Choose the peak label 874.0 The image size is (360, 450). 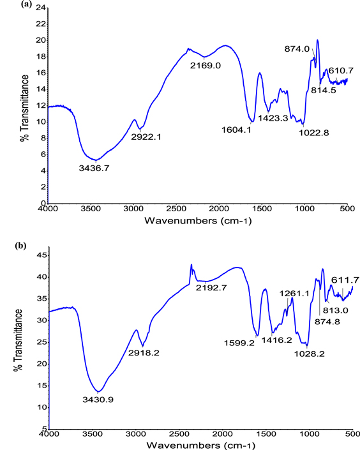[x=296, y=49]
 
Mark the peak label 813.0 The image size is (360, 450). [x=336, y=311]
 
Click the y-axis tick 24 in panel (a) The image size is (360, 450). [x=41, y=8]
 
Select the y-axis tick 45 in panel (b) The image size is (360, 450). [x=41, y=255]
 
